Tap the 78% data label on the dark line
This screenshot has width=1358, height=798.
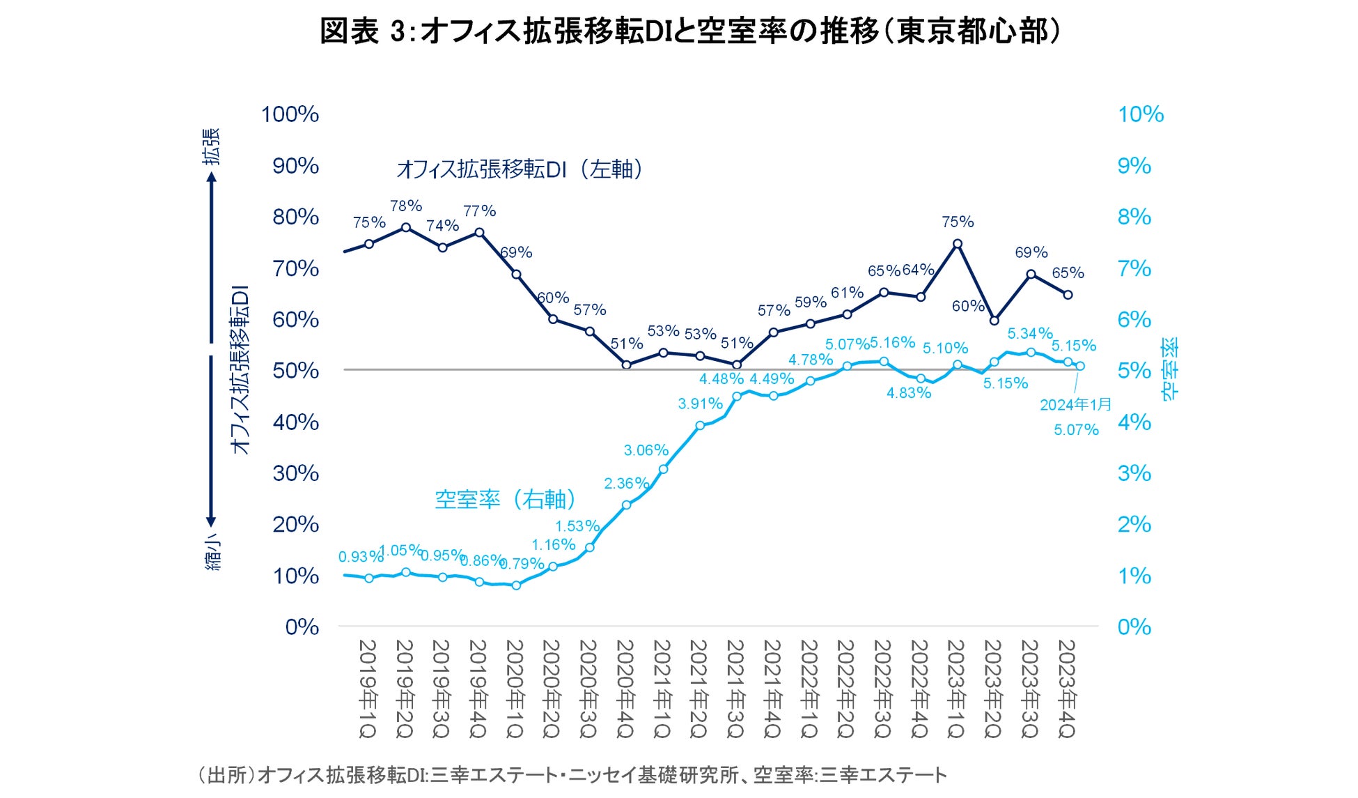(x=406, y=206)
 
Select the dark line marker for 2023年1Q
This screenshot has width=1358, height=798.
(x=958, y=244)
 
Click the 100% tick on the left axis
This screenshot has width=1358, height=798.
(x=290, y=114)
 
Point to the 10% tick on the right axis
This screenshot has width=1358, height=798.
(x=1141, y=114)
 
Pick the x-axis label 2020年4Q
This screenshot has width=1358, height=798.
(x=626, y=689)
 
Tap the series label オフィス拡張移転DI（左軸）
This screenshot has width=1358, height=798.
(x=520, y=169)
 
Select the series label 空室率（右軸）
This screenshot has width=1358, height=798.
(x=506, y=499)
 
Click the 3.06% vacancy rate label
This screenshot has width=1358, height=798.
(x=646, y=450)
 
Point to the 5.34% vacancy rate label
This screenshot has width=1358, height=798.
(x=1030, y=334)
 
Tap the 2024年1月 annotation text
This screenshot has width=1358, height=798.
(x=1075, y=405)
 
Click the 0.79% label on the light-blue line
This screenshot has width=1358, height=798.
(x=522, y=563)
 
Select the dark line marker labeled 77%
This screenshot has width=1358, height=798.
(x=479, y=233)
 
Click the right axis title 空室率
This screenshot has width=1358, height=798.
(x=1170, y=369)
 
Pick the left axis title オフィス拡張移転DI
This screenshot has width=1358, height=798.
(x=240, y=369)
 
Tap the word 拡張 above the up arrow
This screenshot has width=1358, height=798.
(x=212, y=146)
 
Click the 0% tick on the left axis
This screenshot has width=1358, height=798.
(x=302, y=627)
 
